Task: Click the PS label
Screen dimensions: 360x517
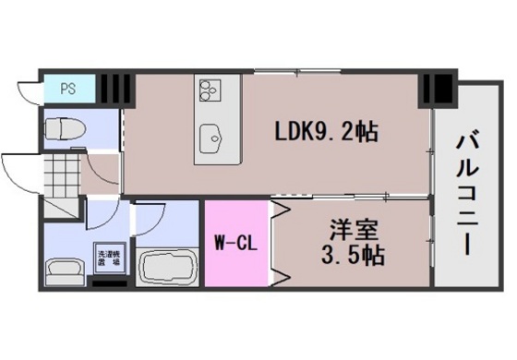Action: point(67,90)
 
